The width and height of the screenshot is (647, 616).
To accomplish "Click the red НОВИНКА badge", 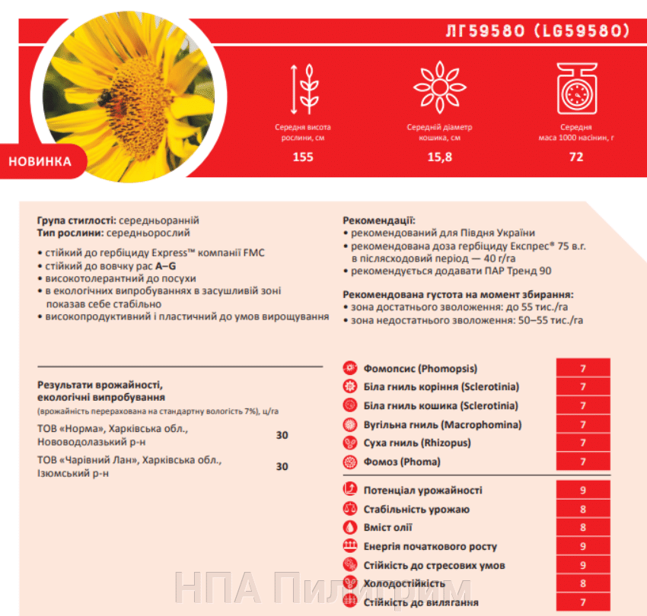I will pyautogui.click(x=40, y=161).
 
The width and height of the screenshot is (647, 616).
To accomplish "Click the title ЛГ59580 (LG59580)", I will pyautogui.click(x=537, y=31).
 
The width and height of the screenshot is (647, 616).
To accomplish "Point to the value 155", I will pyautogui.click(x=302, y=157).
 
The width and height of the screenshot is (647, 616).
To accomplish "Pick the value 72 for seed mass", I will pyautogui.click(x=575, y=157).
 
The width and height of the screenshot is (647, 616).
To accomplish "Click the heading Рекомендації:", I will pyautogui.click(x=378, y=221).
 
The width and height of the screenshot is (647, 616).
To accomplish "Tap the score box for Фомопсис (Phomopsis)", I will pyautogui.click(x=582, y=368).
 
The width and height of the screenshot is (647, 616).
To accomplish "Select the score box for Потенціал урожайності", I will pyautogui.click(x=582, y=491).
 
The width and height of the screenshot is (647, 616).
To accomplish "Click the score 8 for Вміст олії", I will pyautogui.click(x=582, y=528).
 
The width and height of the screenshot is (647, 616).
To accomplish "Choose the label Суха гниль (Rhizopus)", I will pyautogui.click(x=417, y=443).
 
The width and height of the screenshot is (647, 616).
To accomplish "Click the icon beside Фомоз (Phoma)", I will pyautogui.click(x=350, y=462).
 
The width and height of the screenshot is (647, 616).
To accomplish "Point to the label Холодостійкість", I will pyautogui.click(x=404, y=584).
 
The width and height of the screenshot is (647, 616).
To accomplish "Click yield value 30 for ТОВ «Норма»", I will pyautogui.click(x=282, y=436).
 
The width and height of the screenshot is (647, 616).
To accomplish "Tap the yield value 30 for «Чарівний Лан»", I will pyautogui.click(x=282, y=466).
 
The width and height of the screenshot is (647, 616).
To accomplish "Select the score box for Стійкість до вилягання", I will pyautogui.click(x=582, y=602).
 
